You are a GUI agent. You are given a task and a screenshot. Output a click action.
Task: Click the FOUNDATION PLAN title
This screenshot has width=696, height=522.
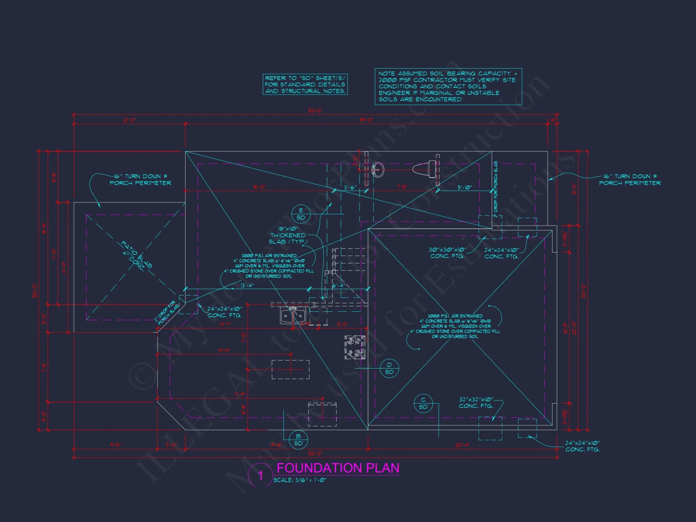[x=338, y=468]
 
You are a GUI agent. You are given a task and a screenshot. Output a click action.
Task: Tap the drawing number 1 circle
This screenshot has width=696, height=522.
[x=260, y=475]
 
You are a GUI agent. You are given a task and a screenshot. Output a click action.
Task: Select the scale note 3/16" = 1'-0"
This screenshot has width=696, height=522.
[x=300, y=480]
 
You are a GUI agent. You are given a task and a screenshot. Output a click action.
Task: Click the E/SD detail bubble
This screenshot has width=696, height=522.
[x=301, y=214]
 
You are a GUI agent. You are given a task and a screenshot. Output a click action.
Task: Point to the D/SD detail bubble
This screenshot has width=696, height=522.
[x=389, y=368]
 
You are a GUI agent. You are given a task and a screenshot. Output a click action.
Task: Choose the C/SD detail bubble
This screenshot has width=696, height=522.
[x=423, y=403]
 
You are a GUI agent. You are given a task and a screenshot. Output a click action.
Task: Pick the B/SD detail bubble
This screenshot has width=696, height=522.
[x=298, y=440]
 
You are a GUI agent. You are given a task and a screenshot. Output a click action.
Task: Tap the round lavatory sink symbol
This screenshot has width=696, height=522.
[x=378, y=170]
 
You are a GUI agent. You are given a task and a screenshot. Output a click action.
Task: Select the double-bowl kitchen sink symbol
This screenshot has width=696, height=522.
[x=293, y=316]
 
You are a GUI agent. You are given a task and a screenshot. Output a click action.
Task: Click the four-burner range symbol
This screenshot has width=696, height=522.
[x=355, y=347]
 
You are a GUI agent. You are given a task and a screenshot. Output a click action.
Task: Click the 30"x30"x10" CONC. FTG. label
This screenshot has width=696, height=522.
[x=448, y=253]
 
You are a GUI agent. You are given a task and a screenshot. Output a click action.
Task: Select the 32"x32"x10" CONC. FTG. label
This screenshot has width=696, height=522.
[x=476, y=403]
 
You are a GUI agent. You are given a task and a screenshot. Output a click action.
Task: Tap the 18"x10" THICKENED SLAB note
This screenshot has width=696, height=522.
[x=288, y=235]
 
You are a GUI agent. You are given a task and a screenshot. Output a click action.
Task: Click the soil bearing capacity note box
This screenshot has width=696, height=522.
[x=448, y=86]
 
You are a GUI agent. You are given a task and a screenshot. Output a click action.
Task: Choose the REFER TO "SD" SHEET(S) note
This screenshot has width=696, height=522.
[x=305, y=84]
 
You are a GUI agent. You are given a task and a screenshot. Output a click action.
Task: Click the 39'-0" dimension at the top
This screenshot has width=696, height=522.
[x=366, y=120]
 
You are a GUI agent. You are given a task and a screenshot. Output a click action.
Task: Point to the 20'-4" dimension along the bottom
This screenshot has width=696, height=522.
[x=462, y=445]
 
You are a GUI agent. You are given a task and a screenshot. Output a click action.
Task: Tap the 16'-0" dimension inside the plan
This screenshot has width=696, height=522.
[x=259, y=187]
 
